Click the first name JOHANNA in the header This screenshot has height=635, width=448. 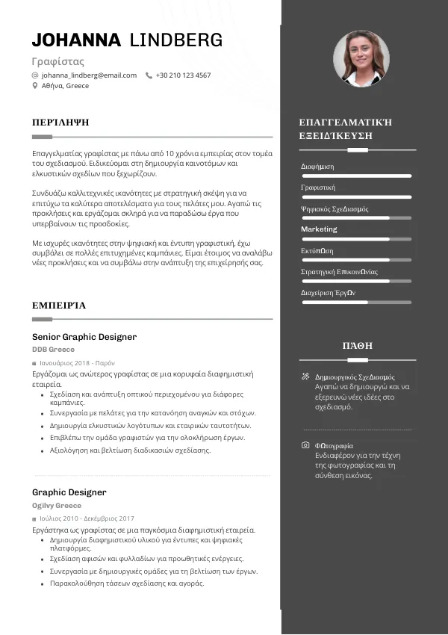(75, 40)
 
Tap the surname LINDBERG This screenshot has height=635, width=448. (176, 40)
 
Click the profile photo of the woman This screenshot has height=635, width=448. (361, 58)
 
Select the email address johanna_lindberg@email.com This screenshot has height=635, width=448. (89, 75)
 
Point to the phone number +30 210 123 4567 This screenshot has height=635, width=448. (183, 75)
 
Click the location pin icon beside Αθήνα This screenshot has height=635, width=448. (35, 86)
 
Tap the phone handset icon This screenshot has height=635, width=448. (149, 75)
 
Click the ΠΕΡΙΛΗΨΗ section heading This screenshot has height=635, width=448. (60, 121)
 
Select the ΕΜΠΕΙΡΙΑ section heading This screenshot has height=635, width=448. (59, 305)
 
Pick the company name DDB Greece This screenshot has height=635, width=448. (53, 350)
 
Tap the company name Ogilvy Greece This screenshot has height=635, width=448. (57, 505)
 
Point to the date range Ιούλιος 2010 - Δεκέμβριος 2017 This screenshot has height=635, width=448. (87, 518)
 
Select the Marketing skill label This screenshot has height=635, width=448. (319, 229)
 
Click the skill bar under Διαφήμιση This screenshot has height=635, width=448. (356, 176)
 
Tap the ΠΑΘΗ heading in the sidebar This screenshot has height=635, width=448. (357, 346)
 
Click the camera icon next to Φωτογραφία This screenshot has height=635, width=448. (305, 445)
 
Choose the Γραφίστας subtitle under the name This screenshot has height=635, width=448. (58, 61)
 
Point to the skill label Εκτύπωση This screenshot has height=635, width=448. (317, 250)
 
